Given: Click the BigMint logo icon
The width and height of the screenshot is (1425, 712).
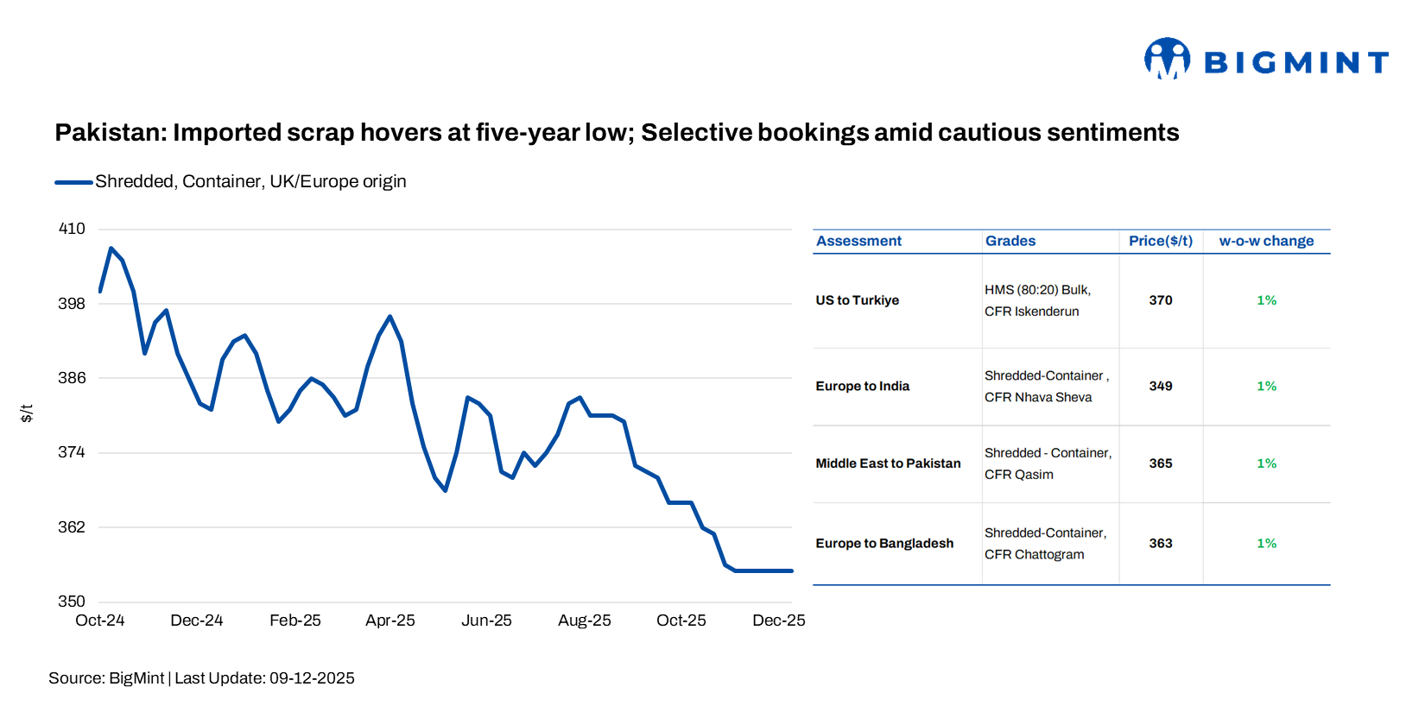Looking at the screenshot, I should [x=1167, y=59].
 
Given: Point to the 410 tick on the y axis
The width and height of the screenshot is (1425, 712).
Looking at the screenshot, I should [x=72, y=229].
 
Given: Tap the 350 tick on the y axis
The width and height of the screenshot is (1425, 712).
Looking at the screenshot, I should [x=72, y=602].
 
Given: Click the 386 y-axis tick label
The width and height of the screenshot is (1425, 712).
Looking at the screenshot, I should [x=72, y=378].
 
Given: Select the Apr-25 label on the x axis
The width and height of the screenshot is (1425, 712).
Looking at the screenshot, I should [x=389, y=621].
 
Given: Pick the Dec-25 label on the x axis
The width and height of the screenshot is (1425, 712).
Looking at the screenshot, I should [x=778, y=621].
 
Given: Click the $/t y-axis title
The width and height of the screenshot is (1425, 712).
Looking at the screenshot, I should [x=27, y=413].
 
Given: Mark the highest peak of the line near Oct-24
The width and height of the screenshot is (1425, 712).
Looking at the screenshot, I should [x=111, y=249].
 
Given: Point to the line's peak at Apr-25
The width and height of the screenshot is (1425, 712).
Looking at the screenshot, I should [x=390, y=317].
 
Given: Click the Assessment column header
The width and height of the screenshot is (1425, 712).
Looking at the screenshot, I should [x=858, y=242].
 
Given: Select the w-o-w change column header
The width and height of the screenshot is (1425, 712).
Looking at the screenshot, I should [x=1266, y=242].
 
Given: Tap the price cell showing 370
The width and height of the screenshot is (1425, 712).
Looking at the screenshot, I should [x=1160, y=300].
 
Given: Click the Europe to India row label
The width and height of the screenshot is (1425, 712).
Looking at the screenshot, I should [x=862, y=387].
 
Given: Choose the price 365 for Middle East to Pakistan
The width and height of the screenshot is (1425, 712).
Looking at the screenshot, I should [x=1160, y=463].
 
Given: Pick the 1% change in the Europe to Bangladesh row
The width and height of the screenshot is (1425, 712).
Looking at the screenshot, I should [x=1266, y=544].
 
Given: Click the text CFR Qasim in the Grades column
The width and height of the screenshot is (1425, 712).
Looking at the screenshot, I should [x=1018, y=475].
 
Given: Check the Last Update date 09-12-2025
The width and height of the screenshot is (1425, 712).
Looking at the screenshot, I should [x=312, y=678].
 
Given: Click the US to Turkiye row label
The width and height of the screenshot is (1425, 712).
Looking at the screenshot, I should [x=857, y=300].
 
